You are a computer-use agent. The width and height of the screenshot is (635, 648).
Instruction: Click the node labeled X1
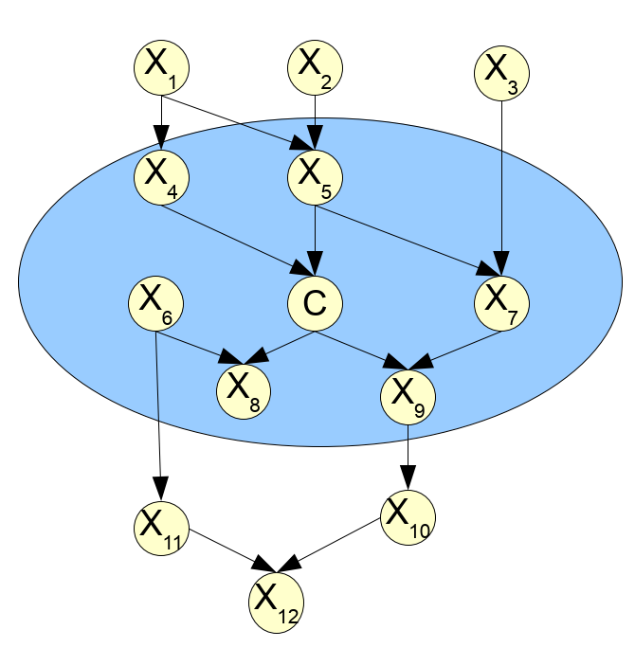(161, 68)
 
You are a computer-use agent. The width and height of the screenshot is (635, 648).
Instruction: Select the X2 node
(315, 68)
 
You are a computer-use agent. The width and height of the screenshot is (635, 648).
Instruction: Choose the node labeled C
(315, 303)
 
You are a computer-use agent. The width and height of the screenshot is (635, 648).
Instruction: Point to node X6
(155, 303)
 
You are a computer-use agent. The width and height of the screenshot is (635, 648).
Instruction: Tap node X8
(245, 390)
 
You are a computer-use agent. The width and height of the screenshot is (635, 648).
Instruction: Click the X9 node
(408, 398)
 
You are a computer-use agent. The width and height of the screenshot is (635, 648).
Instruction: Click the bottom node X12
(275, 599)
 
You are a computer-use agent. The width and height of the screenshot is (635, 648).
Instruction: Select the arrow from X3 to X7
(501, 180)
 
